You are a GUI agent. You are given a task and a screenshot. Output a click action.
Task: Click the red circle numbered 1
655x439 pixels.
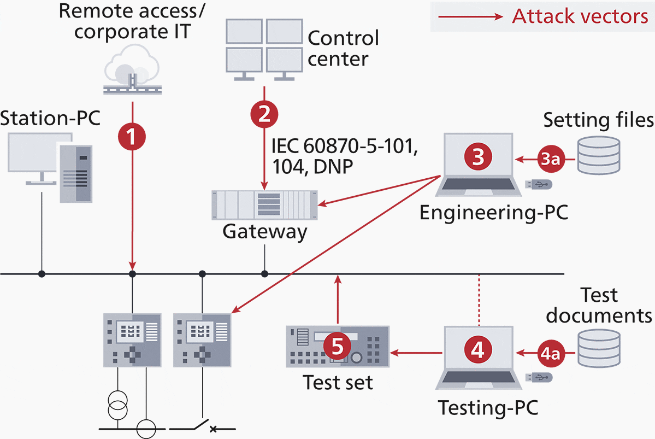pos(132,134)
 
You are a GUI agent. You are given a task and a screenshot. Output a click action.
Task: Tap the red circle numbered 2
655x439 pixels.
pos(264,113)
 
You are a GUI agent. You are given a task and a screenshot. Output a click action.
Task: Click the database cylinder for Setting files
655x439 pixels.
pos(598,155)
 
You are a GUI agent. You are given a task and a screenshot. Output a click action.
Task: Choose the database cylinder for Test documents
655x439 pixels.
pos(598,349)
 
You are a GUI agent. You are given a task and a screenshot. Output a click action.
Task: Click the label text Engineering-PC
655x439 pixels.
pos(494,212)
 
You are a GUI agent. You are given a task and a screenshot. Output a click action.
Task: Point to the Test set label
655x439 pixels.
pos(338,382)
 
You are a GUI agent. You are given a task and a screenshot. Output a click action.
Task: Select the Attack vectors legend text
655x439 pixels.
pos(580,16)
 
